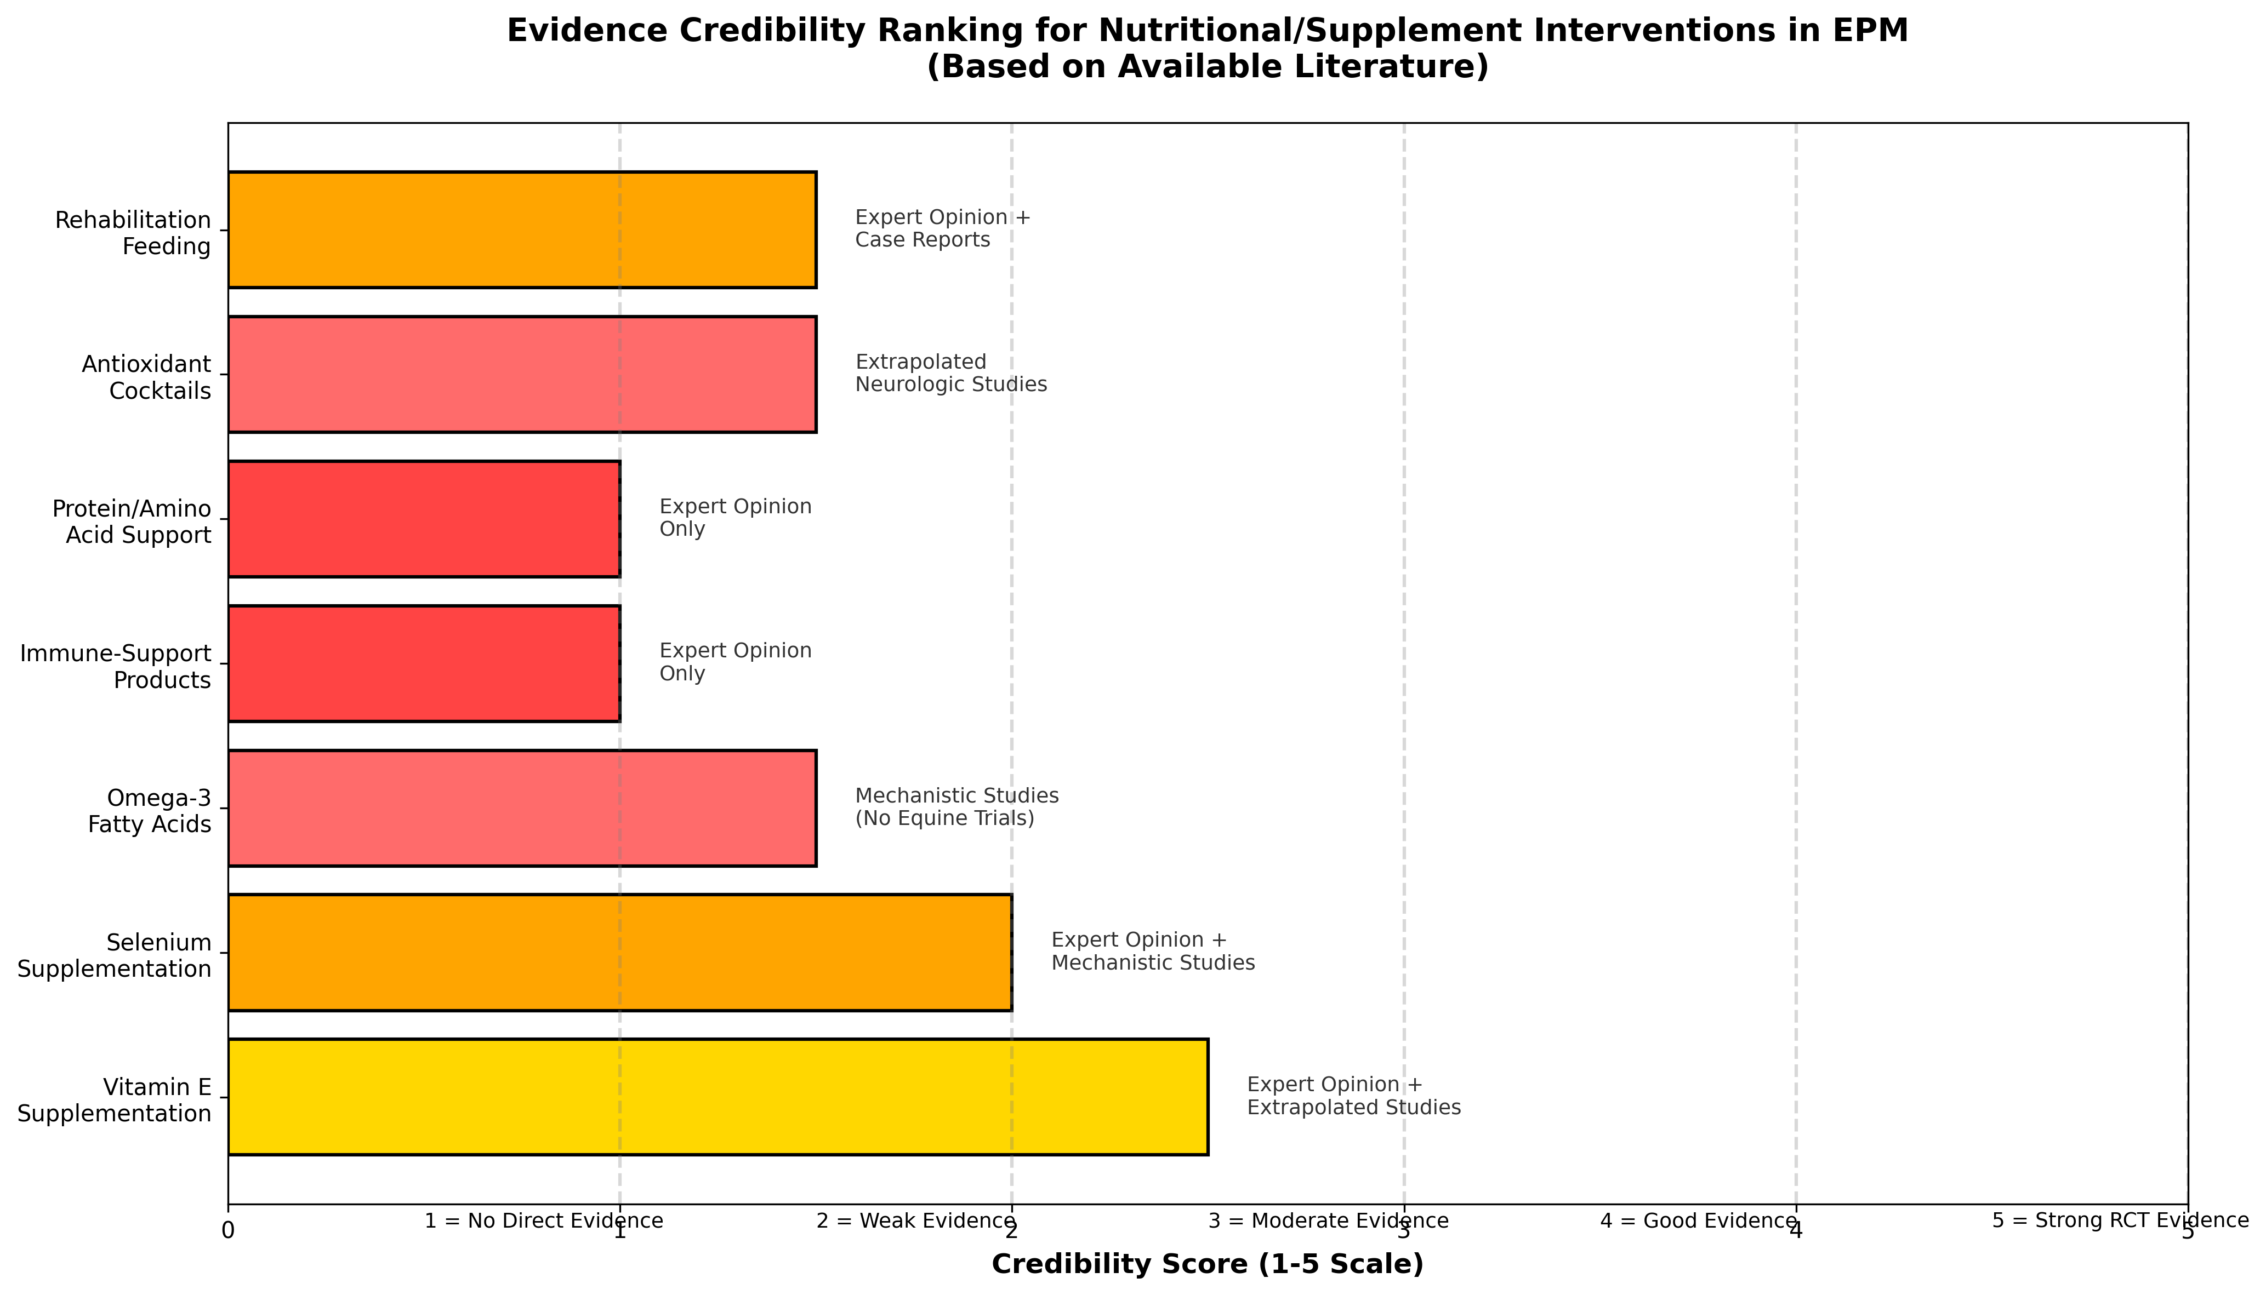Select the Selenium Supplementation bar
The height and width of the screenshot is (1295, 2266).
coord(619,953)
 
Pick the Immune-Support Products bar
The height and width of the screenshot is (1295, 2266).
coord(424,663)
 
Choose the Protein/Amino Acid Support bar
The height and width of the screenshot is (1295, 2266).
coord(424,519)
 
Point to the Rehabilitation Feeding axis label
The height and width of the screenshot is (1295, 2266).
coord(133,233)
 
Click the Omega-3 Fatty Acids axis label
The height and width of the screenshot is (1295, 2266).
coord(150,811)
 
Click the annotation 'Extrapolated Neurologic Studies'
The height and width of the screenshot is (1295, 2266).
coord(950,374)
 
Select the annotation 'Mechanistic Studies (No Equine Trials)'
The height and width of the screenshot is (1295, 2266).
coord(956,807)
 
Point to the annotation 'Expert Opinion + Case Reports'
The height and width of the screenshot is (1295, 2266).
coord(942,228)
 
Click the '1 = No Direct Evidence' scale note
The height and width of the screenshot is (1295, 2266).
coord(544,1221)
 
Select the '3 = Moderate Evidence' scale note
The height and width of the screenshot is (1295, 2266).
coord(1328,1221)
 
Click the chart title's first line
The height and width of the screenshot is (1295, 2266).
coord(1208,30)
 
